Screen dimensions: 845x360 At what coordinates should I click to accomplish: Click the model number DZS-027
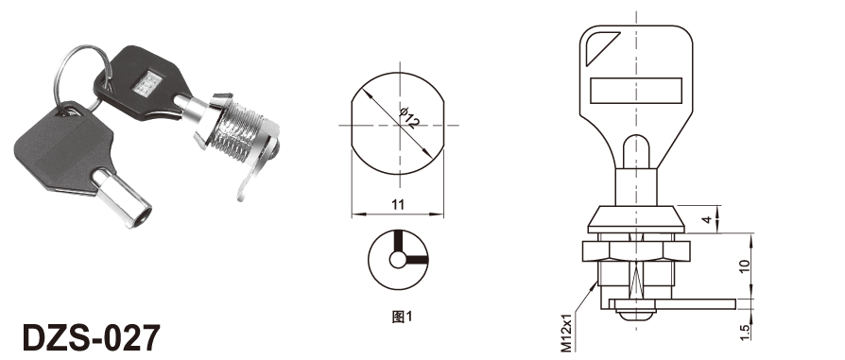pos(91,338)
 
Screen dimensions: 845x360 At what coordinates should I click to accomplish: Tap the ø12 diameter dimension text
pos(409,118)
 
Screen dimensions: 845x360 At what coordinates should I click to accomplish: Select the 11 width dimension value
pos(398,204)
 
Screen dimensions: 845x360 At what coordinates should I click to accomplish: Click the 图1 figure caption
pos(402,317)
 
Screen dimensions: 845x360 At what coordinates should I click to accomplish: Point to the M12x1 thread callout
pos(566,333)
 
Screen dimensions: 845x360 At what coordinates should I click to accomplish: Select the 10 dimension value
pos(745,266)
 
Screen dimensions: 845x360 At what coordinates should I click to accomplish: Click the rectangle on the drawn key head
pos(636,90)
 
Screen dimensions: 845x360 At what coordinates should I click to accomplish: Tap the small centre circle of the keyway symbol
pos(398,260)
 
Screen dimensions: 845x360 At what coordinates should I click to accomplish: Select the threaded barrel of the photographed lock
pos(236,128)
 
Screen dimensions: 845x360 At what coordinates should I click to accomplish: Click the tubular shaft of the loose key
pos(122,197)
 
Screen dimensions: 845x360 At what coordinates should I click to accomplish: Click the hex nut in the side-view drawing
pos(636,250)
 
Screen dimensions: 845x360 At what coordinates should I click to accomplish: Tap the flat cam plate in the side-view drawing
pos(671,304)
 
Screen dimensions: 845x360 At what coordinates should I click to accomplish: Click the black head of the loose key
pos(64,147)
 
